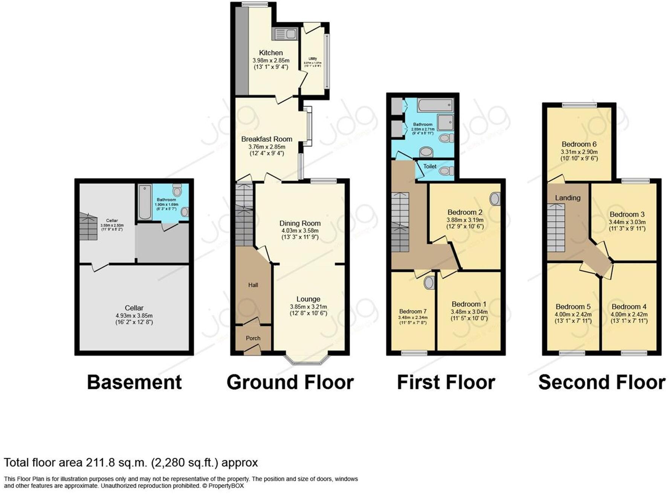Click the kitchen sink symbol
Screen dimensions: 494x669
285,34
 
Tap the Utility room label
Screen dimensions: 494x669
313,59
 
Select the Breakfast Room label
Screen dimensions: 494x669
267,139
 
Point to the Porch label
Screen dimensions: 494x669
253,338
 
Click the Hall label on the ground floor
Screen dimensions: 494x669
253,285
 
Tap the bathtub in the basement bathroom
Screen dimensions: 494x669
145,202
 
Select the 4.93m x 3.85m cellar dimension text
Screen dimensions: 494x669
134,316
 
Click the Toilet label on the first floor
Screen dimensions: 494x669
430,166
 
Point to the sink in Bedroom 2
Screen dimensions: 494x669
496,199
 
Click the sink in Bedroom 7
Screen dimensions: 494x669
429,282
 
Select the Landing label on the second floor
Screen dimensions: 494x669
568,198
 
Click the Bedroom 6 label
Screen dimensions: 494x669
579,144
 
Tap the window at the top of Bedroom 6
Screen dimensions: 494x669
579,105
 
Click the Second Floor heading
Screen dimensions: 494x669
602,383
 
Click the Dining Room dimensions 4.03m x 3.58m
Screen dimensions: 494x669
300,230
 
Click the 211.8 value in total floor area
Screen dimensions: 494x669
99,462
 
